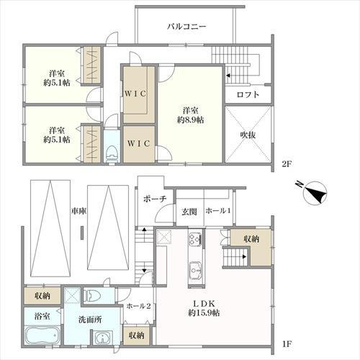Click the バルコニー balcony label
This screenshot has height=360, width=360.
point(186,26)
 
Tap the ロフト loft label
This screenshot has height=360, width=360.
point(248,94)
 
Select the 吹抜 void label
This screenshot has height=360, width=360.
point(248,135)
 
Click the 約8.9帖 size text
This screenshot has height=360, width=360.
point(190,120)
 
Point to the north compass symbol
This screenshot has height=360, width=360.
point(314,192)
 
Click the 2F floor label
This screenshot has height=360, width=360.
point(287,164)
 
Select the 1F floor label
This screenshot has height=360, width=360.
point(287,344)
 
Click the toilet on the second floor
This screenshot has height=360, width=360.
point(112,154)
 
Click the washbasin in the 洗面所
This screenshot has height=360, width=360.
point(103,338)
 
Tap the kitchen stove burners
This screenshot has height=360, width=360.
point(195,238)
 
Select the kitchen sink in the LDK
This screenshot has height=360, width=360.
point(196,270)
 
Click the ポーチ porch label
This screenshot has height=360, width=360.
point(155,199)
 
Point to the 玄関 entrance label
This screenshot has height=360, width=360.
point(189,212)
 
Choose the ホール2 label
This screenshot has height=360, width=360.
point(138,306)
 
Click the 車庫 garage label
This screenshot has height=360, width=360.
point(78,211)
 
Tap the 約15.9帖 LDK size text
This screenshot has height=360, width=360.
point(204,313)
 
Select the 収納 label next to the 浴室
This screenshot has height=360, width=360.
point(42,296)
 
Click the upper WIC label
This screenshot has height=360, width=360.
point(135,94)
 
